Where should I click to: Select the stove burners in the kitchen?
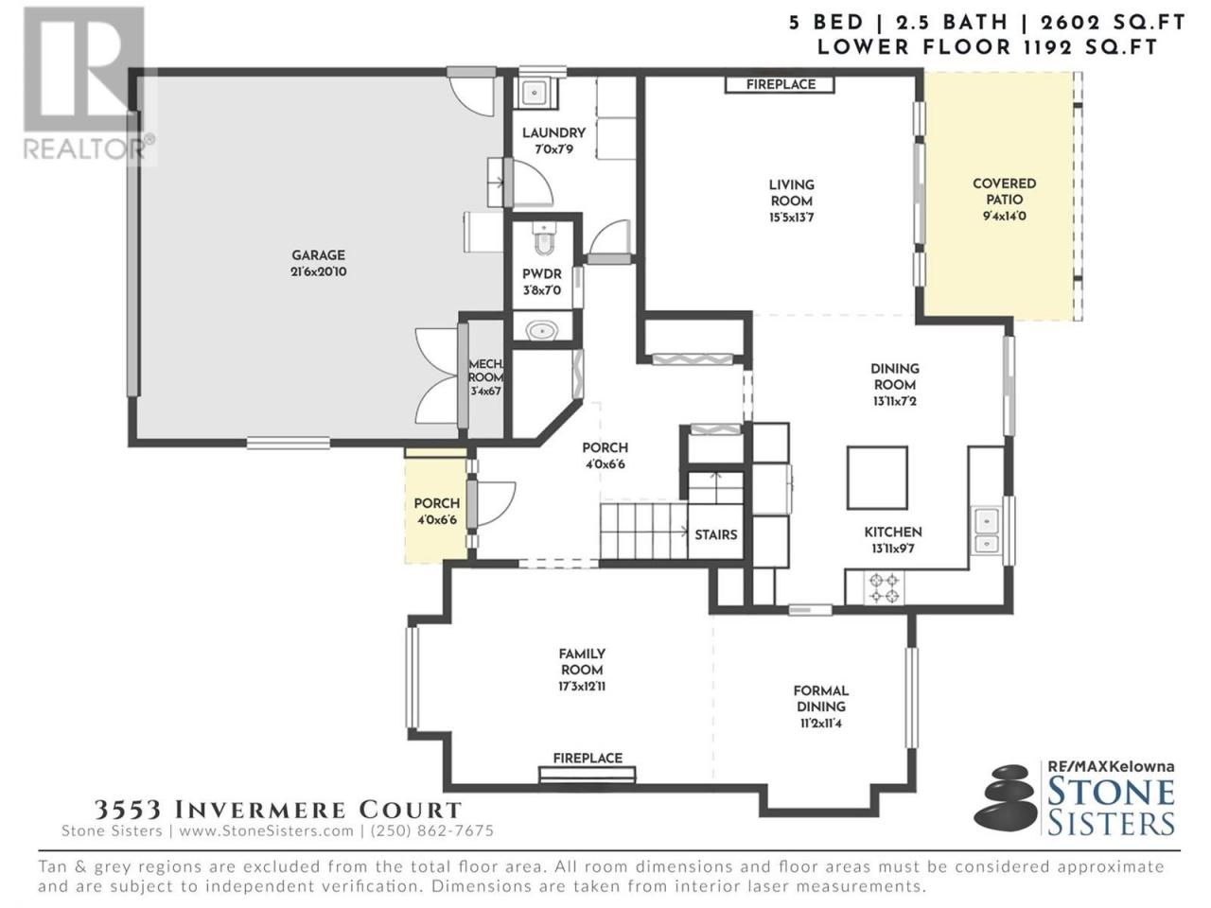coord(884,588)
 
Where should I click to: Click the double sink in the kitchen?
coord(987,532)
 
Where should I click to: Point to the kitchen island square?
coord(877,478)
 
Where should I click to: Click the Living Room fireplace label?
coord(781,84)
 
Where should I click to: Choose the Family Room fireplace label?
coord(588,758)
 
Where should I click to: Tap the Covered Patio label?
coord(1004,199)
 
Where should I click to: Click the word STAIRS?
coord(715,534)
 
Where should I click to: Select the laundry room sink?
coord(535,93)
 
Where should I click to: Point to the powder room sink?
coord(542,331)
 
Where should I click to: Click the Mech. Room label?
coord(486,377)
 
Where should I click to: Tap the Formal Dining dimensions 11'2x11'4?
coord(821,723)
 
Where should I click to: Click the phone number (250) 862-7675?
coord(432,830)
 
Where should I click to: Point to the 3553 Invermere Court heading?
coord(277,810)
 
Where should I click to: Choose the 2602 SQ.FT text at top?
coord(1113,23)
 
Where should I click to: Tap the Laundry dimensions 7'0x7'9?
coord(553,148)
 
